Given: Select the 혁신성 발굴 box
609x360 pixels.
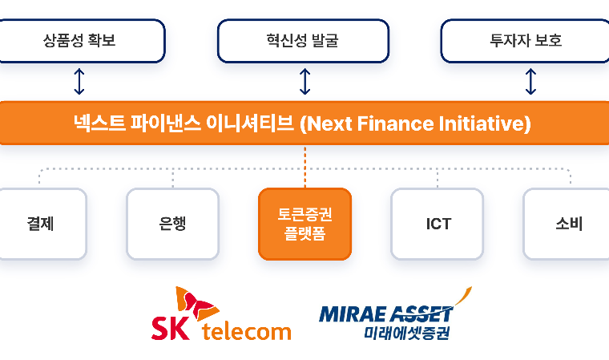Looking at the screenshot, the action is click(303, 41).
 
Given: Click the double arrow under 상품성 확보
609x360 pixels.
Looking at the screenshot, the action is click(79, 81).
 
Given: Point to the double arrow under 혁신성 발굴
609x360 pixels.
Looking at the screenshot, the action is click(304, 81).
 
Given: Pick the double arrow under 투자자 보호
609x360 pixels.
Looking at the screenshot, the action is click(530, 81).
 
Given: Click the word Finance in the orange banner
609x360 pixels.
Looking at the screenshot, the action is click(395, 123).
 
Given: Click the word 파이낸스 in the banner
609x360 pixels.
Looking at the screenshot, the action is click(165, 123).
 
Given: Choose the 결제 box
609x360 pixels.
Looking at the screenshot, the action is click(41, 224).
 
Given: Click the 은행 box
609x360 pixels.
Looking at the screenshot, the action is click(173, 224).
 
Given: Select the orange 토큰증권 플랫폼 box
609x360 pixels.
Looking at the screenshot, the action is click(304, 224).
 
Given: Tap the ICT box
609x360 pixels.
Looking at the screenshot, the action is click(438, 224).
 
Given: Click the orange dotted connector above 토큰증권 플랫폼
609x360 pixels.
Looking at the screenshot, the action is click(304, 167).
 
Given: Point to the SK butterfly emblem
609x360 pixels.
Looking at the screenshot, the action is click(197, 304).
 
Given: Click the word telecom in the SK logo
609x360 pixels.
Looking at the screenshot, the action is click(246, 332).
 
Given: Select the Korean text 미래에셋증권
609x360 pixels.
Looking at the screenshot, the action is click(406, 333).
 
